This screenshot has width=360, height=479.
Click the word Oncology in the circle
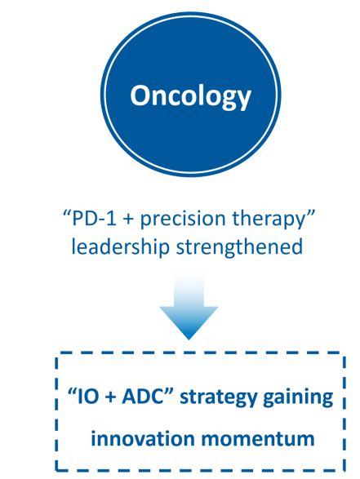coord(190,96)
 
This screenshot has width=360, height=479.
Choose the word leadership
coord(120,246)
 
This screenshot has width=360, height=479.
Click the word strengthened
coord(239,246)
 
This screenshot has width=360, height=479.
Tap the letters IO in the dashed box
coord(87,397)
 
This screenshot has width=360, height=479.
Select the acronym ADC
coord(142,397)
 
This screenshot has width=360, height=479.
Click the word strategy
coord(218,398)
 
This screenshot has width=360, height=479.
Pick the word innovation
coord(143,439)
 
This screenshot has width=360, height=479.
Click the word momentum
coord(258,440)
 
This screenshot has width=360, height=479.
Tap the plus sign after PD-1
coord(128,220)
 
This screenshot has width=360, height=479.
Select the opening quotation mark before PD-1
coord(67,214)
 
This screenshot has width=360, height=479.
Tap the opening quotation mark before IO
coord(72,393)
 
